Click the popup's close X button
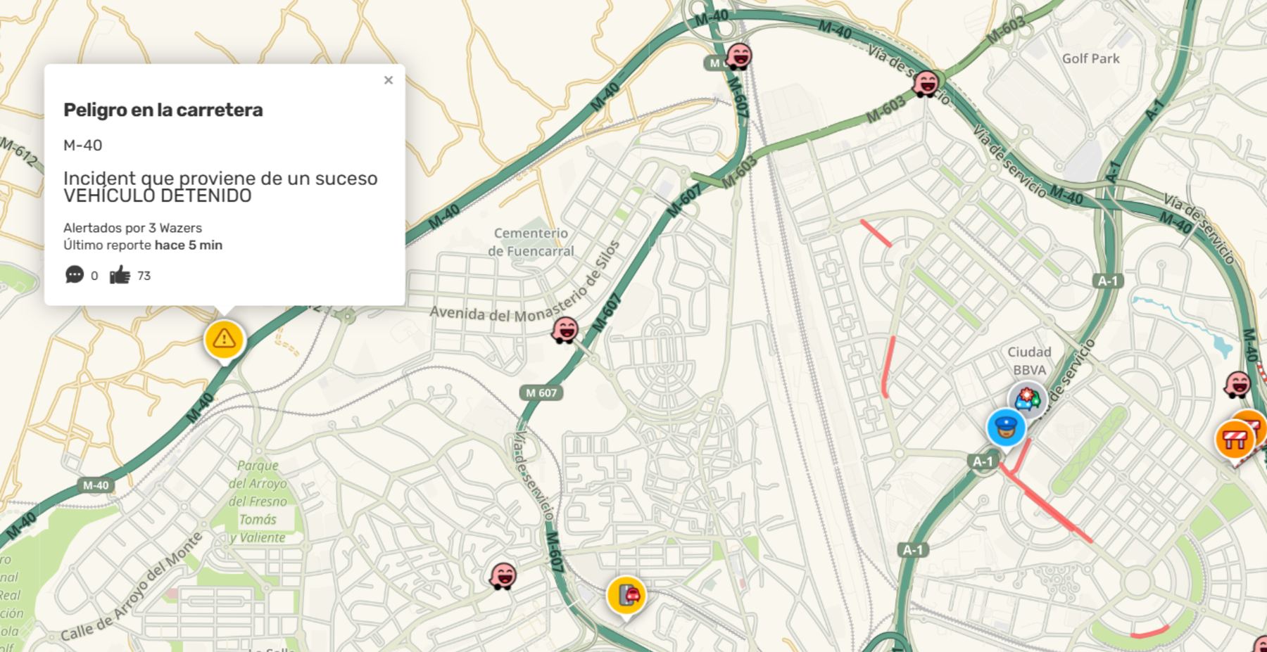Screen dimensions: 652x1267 coord(388,80)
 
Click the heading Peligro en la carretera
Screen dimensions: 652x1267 coord(163,110)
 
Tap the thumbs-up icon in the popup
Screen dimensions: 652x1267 coord(120,275)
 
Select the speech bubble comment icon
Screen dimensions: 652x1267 coord(74,274)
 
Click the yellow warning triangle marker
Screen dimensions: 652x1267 coord(224,339)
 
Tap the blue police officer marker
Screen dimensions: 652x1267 coord(1006,428)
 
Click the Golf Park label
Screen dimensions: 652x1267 coord(1090,58)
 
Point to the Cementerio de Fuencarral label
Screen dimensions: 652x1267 coord(531,242)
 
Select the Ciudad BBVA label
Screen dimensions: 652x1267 coord(1029,361)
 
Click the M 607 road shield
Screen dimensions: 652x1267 coord(541,392)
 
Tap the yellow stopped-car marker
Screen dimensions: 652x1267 coord(626,595)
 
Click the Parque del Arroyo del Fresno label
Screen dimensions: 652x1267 coord(258,501)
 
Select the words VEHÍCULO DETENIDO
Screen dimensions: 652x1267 coord(157,196)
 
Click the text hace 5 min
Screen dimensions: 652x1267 coord(189,245)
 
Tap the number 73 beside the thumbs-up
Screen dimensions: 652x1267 coord(144,276)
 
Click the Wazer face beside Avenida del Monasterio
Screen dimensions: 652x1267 coord(565,329)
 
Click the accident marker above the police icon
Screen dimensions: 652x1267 coord(1028,399)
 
